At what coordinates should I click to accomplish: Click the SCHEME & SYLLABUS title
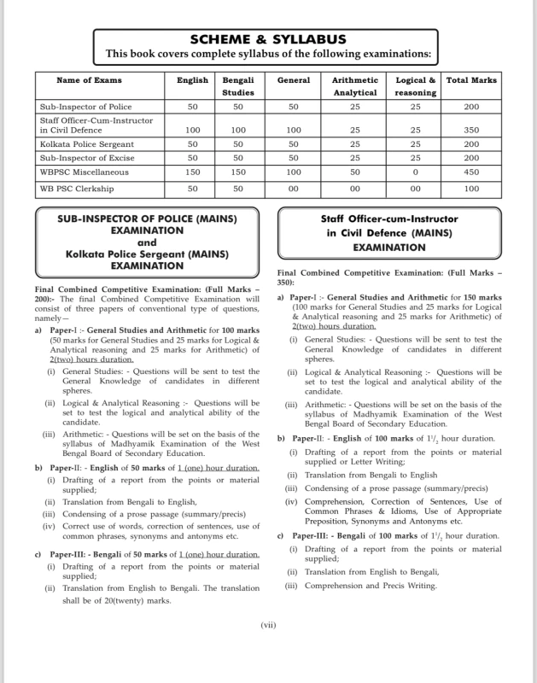pyautogui.click(x=268, y=39)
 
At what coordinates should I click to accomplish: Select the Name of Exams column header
pyautogui.click(x=89, y=80)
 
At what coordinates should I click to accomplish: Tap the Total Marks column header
pyautogui.click(x=471, y=80)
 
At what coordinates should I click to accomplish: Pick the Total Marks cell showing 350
pyautogui.click(x=471, y=131)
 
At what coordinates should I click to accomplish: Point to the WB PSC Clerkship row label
pyautogui.click(x=77, y=188)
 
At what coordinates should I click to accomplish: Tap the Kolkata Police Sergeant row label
pyautogui.click(x=87, y=145)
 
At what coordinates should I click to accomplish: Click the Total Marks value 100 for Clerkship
pyautogui.click(x=471, y=188)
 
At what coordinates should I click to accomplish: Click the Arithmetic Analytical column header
pyautogui.click(x=354, y=86)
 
